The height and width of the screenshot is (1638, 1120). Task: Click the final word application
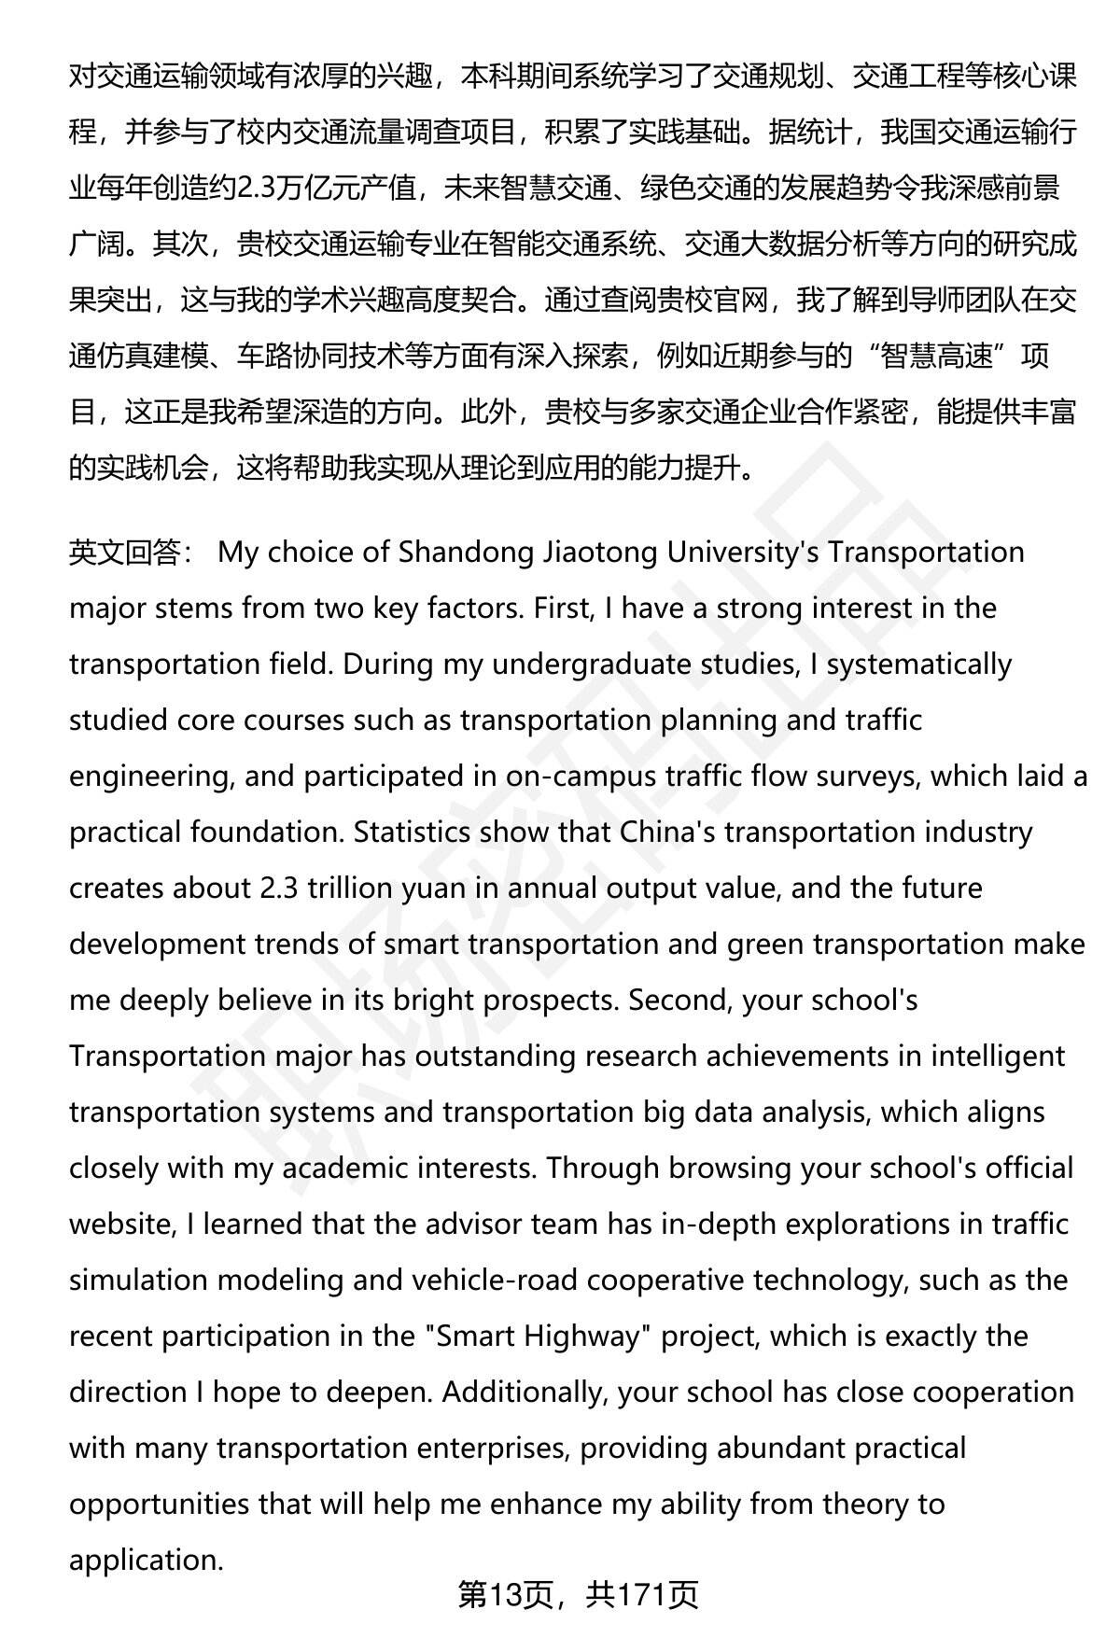coord(146,1560)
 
